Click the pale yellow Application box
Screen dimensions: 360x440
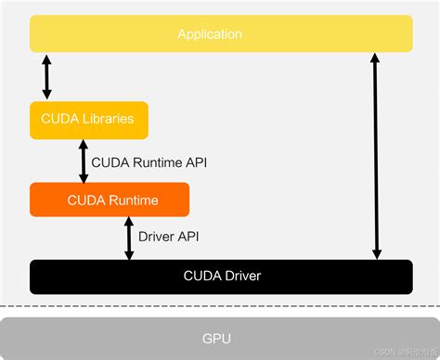point(221,34)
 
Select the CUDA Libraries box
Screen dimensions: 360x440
point(88,119)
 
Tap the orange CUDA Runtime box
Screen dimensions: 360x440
point(110,199)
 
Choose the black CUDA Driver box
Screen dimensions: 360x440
point(221,276)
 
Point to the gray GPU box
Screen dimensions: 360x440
point(219,339)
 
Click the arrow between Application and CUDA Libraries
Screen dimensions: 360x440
point(47,76)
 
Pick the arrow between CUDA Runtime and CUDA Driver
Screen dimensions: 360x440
point(129,238)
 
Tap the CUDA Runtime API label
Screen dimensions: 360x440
point(149,161)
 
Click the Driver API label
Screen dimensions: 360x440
point(168,237)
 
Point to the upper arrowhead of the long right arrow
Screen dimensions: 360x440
point(375,58)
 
